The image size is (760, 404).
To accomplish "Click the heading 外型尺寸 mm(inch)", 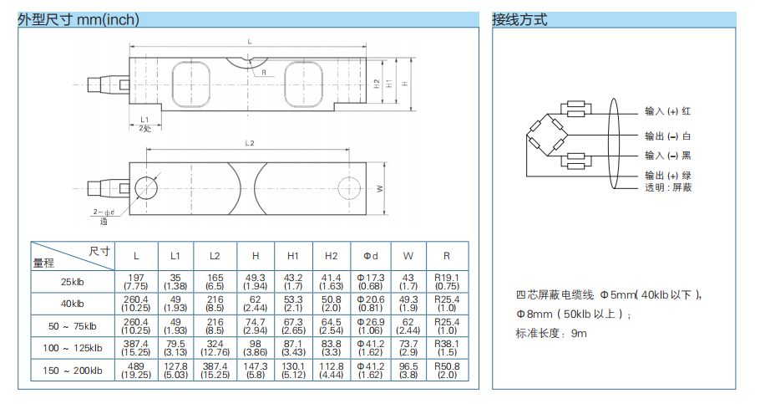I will coord(79,19).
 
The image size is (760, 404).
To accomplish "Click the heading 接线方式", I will coord(519,19).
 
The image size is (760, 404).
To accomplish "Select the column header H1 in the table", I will coord(292,255).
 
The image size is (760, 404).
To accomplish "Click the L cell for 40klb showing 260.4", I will coord(135,303).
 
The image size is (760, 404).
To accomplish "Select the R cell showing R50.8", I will coord(447,370).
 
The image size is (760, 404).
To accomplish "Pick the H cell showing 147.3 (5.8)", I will coord(255,370).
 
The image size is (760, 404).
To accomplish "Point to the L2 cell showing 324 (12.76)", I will coord(215,347).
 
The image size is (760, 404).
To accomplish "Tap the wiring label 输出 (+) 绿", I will coord(667,176).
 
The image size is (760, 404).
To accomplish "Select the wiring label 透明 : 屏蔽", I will coord(667,187).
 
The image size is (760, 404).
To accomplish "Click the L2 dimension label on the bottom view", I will coord(249,143).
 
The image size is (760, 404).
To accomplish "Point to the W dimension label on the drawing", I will coord(382,188).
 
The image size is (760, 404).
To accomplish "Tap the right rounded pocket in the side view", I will coord(304,84).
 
